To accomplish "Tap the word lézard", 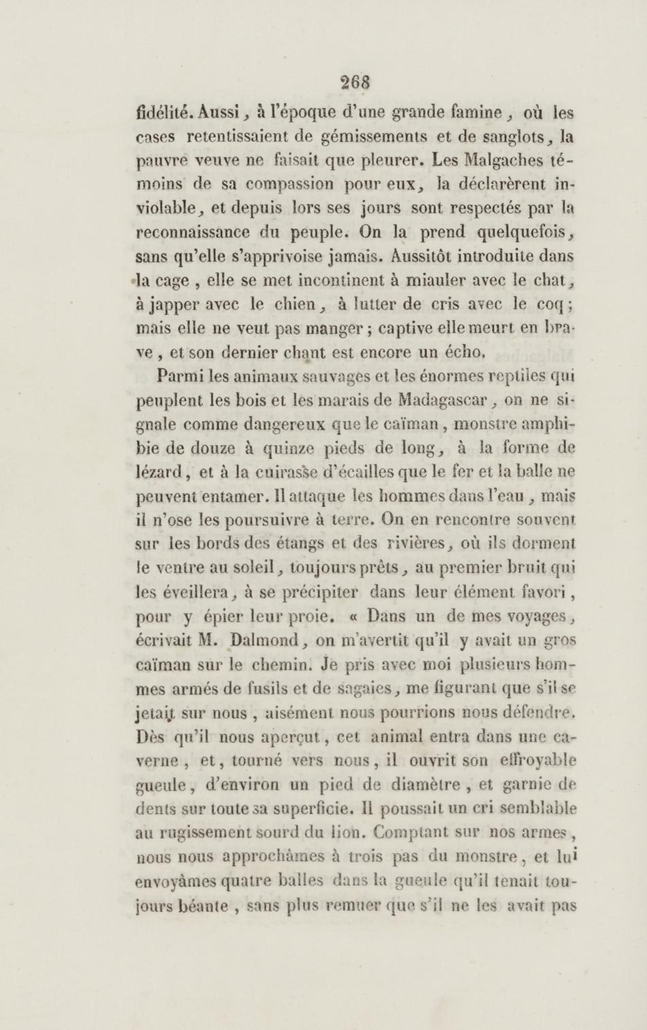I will click(x=160, y=472).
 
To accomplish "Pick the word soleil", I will click(x=249, y=568).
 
